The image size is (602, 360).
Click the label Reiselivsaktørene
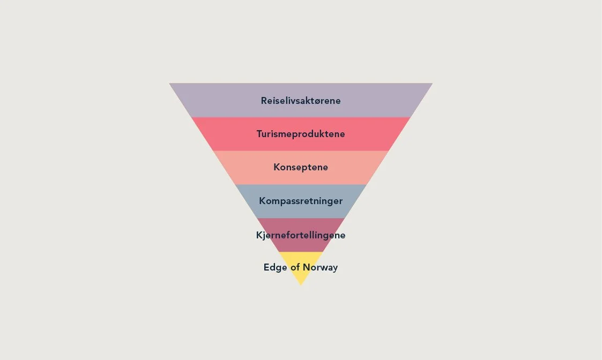[301, 101]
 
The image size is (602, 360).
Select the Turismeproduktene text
[301, 134]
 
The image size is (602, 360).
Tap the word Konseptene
[301, 167]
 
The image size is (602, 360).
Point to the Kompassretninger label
[301, 201]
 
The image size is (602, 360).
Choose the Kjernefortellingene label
[301, 235]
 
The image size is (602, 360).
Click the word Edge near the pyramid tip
[276, 267]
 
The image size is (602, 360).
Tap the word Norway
[320, 267]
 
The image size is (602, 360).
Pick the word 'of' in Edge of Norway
[295, 267]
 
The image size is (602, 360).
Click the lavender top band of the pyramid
[214, 100]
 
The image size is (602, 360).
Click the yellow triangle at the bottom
[301, 276]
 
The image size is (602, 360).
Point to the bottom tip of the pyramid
[301, 284]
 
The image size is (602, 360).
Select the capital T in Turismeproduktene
[259, 134]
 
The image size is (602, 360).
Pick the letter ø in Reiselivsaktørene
[319, 101]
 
